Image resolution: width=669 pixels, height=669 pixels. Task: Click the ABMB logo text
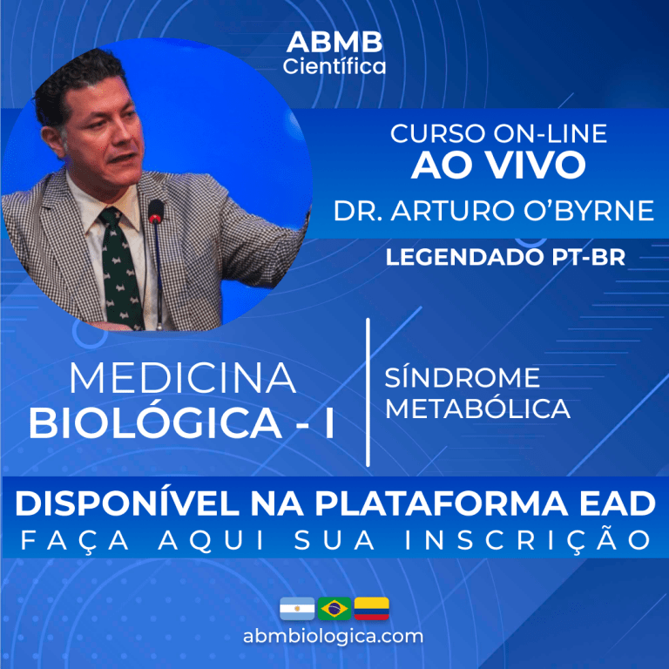pyautogui.click(x=334, y=43)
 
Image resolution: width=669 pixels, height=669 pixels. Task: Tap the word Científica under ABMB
pyautogui.click(x=334, y=66)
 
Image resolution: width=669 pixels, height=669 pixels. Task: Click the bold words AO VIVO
pyautogui.click(x=497, y=166)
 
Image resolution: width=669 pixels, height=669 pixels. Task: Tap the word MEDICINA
pyautogui.click(x=182, y=378)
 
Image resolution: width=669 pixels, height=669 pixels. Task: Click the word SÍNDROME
pyautogui.click(x=463, y=378)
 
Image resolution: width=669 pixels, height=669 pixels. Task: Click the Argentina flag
pyautogui.click(x=297, y=608)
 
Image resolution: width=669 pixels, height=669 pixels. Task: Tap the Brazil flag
pyautogui.click(x=334, y=608)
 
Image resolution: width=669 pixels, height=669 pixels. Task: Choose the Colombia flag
pyautogui.click(x=372, y=608)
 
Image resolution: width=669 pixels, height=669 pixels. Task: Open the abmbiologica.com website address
pyautogui.click(x=334, y=636)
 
